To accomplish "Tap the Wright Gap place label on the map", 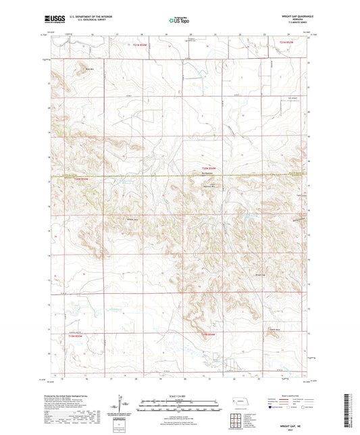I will [260, 274].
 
